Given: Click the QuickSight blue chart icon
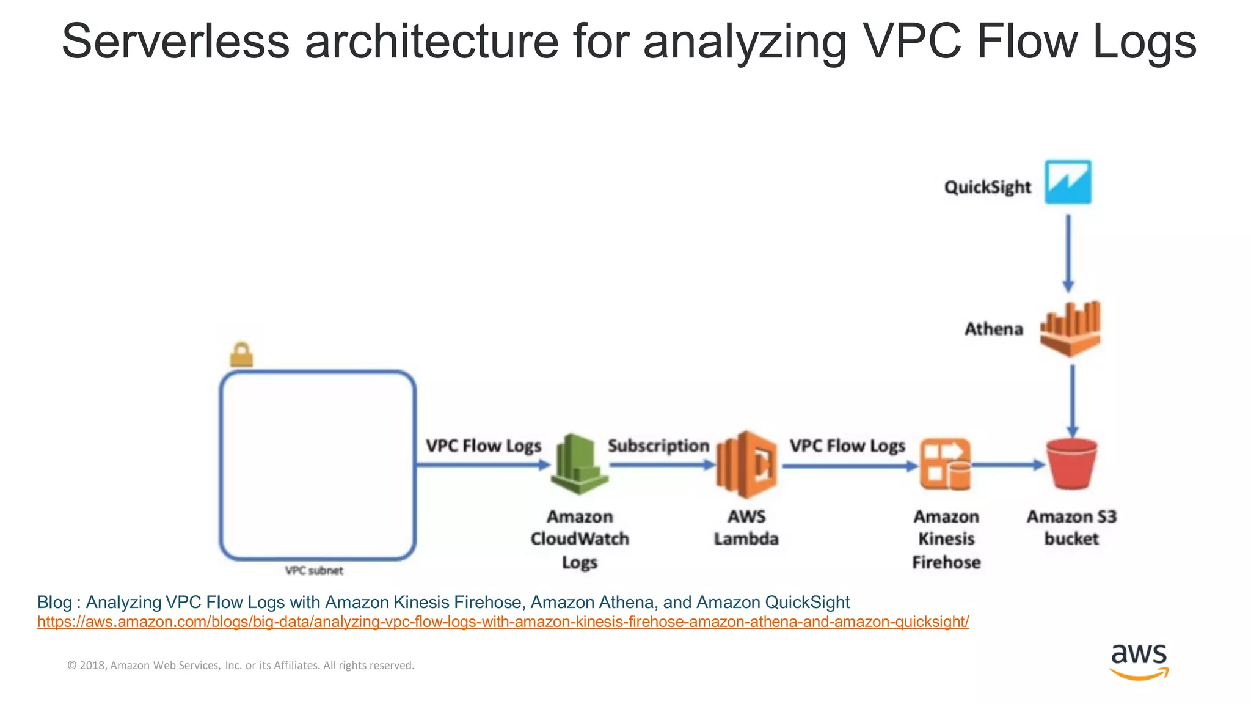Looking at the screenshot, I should [x=1068, y=182].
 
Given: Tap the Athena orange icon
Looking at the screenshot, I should [x=1070, y=329].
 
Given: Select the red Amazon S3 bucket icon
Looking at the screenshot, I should [x=1071, y=464].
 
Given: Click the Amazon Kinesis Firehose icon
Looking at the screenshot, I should [x=945, y=464].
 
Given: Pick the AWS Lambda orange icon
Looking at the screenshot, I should [x=746, y=464].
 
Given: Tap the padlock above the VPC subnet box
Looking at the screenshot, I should [x=241, y=354].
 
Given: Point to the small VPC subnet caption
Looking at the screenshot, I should [x=314, y=571].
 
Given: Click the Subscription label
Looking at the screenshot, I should [x=658, y=446].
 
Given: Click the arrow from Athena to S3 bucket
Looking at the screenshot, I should [x=1073, y=400].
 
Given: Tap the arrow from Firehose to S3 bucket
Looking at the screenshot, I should [x=1008, y=465].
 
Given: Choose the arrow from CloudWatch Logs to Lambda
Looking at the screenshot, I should [x=662, y=465].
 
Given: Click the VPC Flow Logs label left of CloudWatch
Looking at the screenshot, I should [x=483, y=446].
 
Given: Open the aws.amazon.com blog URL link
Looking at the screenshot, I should [x=503, y=622].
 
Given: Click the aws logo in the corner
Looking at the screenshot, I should [x=1139, y=661].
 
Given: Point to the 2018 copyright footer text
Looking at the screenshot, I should [x=241, y=665].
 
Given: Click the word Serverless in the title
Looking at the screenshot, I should [x=176, y=42].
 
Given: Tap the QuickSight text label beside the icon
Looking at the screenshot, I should [x=987, y=187].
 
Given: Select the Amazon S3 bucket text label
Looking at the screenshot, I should [x=1071, y=527].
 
